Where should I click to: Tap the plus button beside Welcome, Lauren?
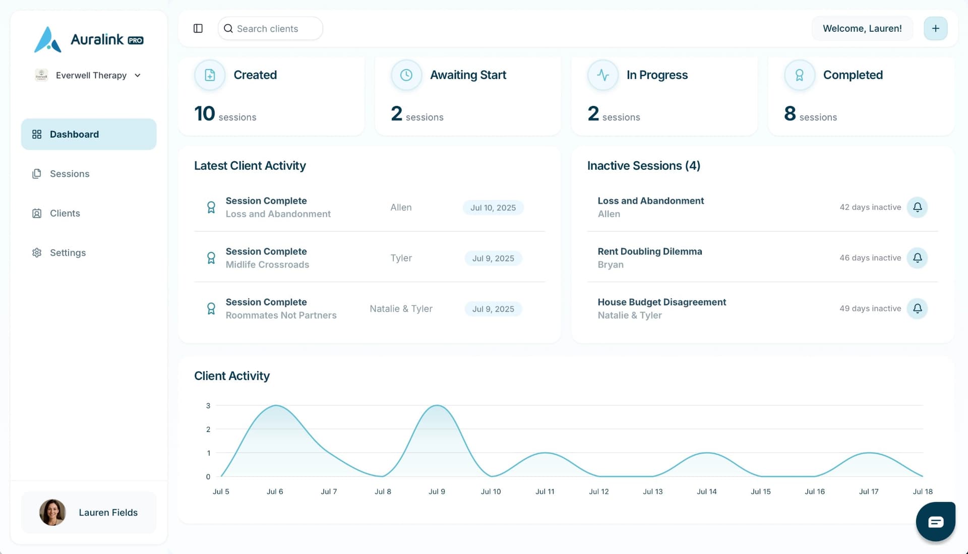pos(935,29)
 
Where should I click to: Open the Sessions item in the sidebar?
pos(70,174)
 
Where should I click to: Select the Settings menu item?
pos(68,253)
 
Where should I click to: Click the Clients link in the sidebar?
pos(65,213)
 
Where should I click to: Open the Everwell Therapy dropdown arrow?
pos(138,76)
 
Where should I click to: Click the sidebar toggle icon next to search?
pos(198,29)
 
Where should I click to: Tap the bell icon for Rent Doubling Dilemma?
pos(917,258)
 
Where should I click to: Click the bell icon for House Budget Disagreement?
pos(917,309)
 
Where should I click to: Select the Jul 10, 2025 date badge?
pos(493,208)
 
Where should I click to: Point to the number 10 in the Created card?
pos(205,114)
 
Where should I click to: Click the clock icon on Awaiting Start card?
pos(406,75)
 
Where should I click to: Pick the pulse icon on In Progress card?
pos(602,75)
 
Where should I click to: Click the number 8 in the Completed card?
pos(790,114)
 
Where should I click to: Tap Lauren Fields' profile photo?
pos(52,512)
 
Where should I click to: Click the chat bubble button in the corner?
pos(935,522)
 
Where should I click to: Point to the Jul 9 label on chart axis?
pos(437,491)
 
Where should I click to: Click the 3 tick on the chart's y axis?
pos(208,406)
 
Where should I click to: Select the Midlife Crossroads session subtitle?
pos(267,265)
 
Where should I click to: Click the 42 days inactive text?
pos(870,207)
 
